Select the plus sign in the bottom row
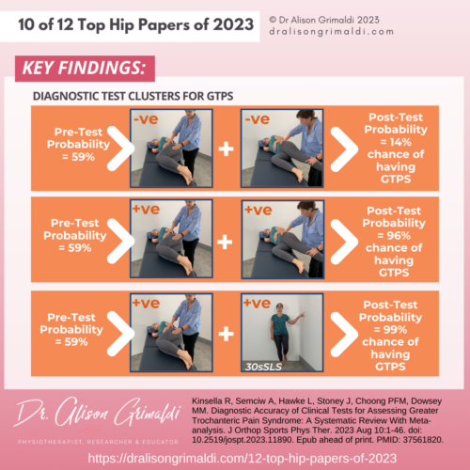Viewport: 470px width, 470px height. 225,330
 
